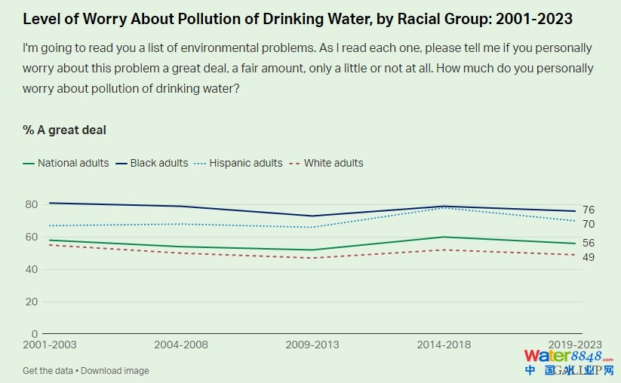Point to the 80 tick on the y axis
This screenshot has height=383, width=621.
click(x=30, y=204)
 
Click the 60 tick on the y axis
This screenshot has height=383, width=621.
click(x=30, y=237)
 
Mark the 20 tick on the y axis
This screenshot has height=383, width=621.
click(x=30, y=302)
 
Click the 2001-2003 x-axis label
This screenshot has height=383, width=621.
click(x=50, y=345)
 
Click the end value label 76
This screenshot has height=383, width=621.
click(x=589, y=210)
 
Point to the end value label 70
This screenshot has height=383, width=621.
click(x=589, y=224)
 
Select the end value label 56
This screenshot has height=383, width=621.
click(x=589, y=244)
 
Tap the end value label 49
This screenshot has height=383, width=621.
click(x=589, y=257)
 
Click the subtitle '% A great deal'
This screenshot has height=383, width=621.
click(x=65, y=130)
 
